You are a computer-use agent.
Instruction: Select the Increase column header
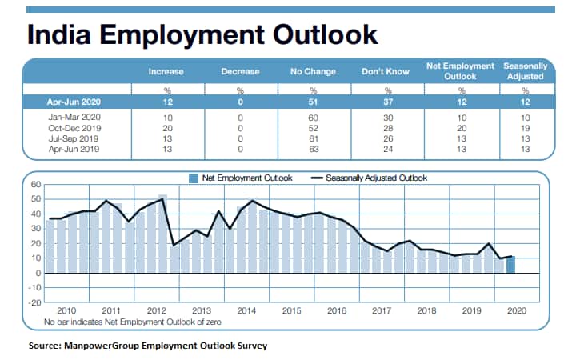(x=166, y=72)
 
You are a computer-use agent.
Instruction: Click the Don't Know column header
(x=386, y=72)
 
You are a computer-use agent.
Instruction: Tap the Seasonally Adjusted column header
(x=524, y=72)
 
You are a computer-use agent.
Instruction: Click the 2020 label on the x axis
(x=514, y=310)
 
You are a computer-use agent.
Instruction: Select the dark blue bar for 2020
(x=510, y=265)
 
